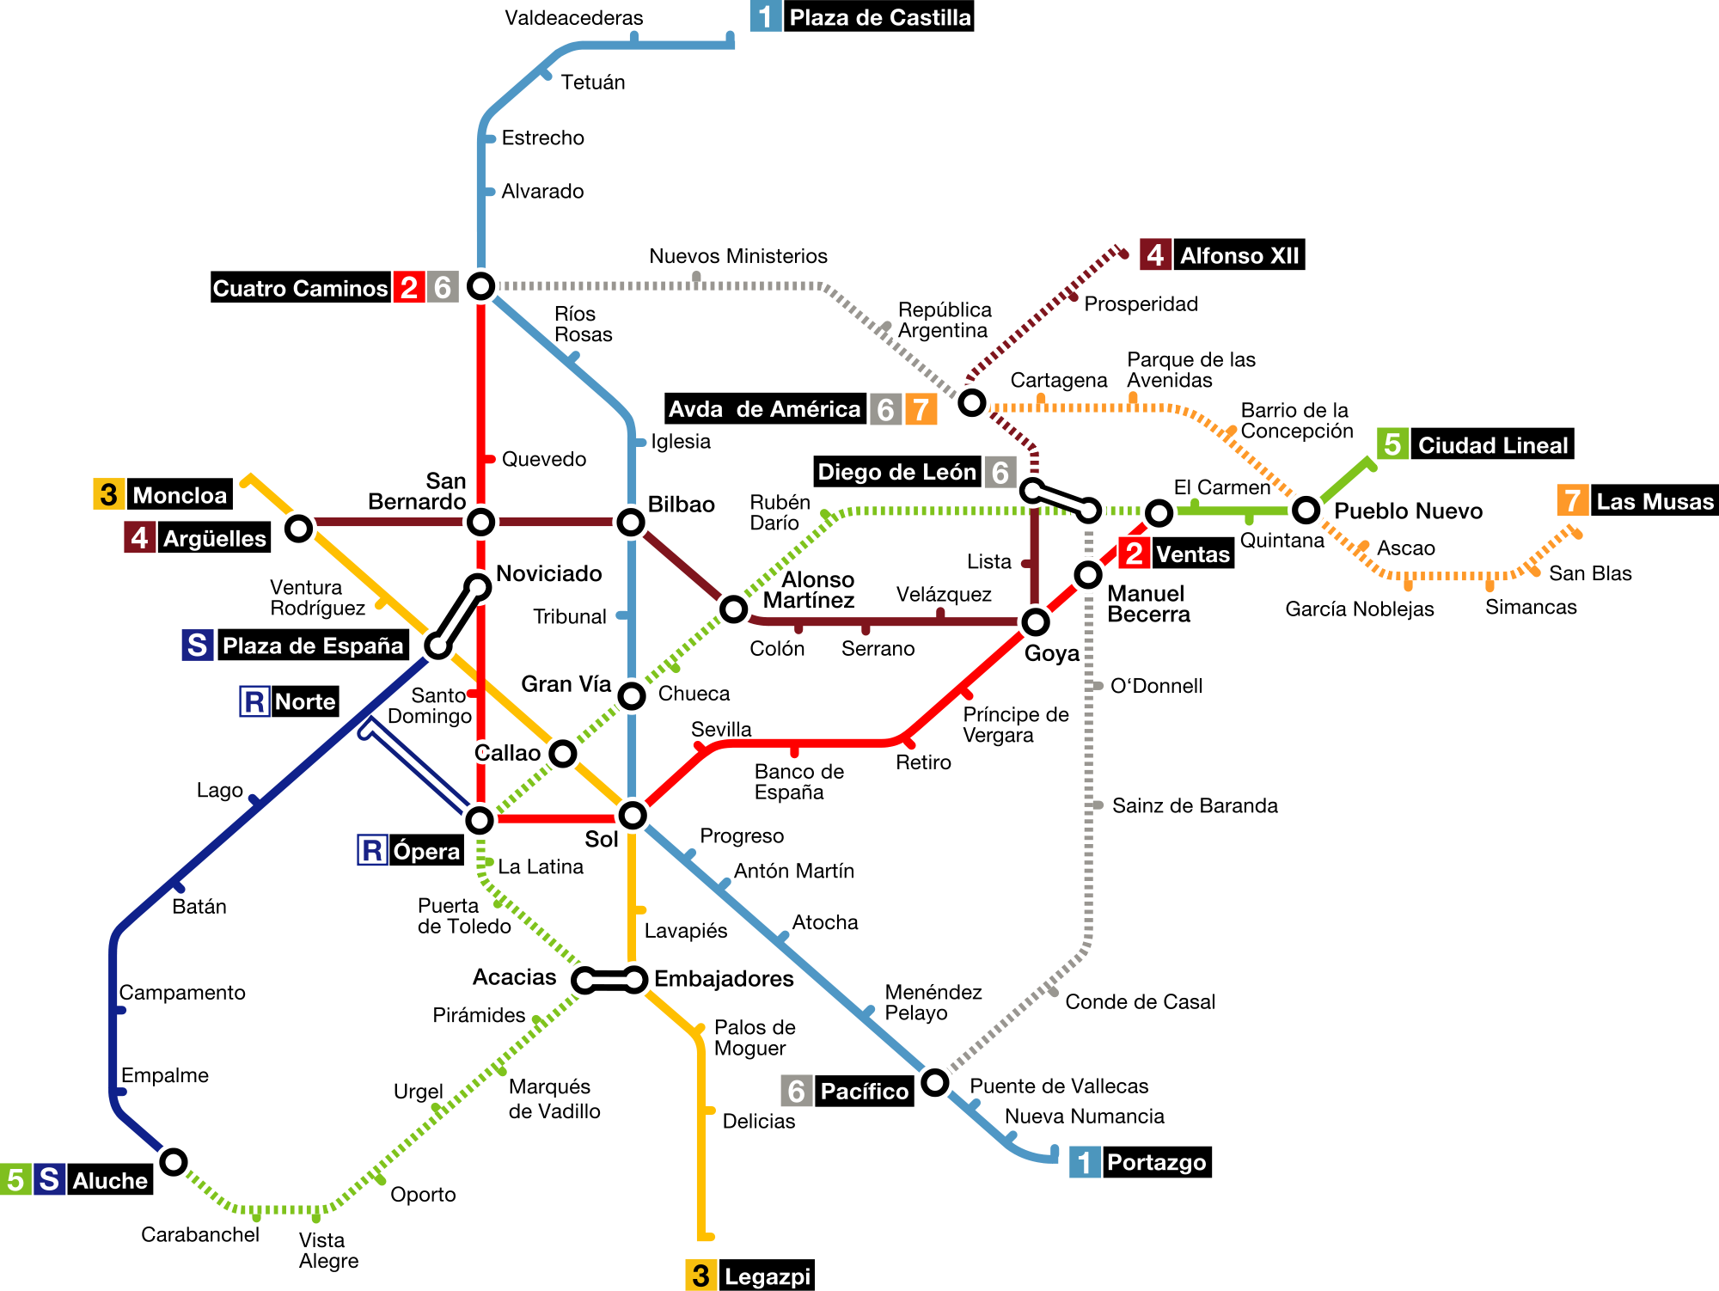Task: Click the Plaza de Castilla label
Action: tap(879, 18)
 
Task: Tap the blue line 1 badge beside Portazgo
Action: tap(1085, 1162)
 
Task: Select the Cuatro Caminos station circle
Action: tap(480, 285)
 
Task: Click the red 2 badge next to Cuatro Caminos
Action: tap(409, 287)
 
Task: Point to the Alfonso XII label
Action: tap(1239, 256)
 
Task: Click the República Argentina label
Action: tap(944, 320)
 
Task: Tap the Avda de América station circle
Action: tap(972, 402)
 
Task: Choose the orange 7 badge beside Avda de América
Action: tap(921, 409)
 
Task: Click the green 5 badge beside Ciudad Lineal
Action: tap(1392, 444)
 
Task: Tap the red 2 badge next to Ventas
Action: tap(1134, 554)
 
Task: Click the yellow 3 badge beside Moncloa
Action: tap(108, 495)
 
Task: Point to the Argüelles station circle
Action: tap(299, 528)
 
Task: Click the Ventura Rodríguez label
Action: tap(317, 597)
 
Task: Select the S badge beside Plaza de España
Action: tap(198, 645)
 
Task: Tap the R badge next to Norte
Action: tap(254, 701)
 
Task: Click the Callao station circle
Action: tap(563, 753)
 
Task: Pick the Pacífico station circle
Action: tap(934, 1082)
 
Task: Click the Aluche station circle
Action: tap(174, 1162)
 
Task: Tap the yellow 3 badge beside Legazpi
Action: tap(700, 1276)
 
